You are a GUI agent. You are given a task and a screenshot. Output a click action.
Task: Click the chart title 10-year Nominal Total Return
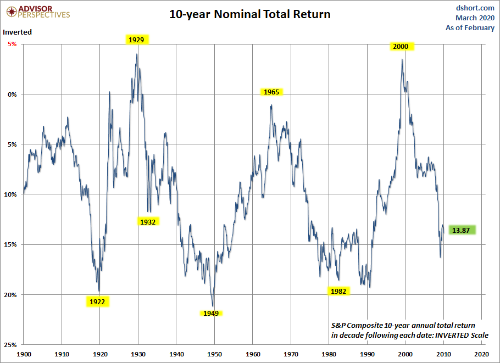(250, 14)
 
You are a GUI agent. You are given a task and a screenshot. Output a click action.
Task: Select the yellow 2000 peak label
(401, 47)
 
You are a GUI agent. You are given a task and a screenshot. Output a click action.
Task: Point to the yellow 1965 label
(271, 92)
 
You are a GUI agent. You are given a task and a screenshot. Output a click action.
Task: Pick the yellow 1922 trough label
(97, 301)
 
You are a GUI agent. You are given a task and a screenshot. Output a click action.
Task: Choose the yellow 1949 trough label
(211, 314)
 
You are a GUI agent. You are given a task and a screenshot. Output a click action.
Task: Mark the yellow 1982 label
(338, 291)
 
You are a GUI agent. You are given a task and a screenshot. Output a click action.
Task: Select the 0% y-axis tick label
(12, 94)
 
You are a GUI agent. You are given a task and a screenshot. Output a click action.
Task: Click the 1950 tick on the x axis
(215, 354)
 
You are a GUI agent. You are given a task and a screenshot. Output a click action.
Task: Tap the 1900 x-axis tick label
(24, 354)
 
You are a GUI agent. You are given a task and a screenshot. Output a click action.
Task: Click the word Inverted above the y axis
(18, 32)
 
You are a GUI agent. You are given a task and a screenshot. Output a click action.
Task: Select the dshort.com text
(475, 8)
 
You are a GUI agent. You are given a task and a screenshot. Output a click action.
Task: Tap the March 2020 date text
(475, 18)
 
